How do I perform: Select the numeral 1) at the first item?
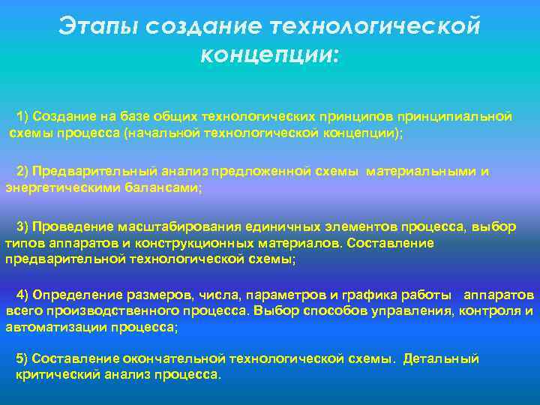tap(22, 116)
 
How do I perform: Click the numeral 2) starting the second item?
tap(22, 172)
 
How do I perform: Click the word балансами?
tap(169, 188)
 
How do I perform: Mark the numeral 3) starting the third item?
tap(22, 227)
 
